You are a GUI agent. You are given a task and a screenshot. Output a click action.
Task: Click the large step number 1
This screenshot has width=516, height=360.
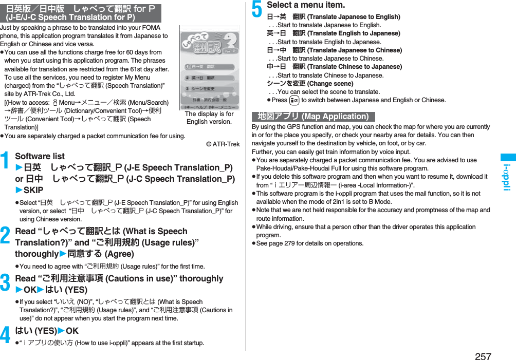(7, 161)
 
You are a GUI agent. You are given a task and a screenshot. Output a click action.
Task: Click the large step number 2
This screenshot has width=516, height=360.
(7, 236)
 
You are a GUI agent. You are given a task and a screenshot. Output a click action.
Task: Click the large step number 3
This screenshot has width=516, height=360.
(7, 283)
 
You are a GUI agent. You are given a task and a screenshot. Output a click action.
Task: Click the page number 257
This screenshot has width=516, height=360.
(483, 356)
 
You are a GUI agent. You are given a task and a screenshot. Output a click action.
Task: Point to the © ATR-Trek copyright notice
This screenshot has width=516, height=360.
(222, 144)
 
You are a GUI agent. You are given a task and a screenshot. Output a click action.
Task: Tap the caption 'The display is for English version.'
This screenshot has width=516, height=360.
(209, 118)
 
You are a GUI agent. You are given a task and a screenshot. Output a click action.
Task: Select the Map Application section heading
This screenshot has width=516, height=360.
(313, 117)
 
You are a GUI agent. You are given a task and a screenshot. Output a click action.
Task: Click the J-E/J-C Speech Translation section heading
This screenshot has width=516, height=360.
(81, 13)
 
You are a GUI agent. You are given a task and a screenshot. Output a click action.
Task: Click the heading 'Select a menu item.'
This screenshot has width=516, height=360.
(306, 5)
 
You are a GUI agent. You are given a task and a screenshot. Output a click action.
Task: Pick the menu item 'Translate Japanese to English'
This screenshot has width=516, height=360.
(334, 17)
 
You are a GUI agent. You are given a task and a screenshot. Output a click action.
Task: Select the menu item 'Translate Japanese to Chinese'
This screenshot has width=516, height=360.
(335, 50)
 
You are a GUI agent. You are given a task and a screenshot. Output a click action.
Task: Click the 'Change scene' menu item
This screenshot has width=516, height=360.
(310, 84)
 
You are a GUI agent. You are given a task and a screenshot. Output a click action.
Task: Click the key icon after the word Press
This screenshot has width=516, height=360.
(294, 100)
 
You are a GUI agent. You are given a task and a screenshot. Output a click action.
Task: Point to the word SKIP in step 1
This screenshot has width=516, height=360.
(33, 190)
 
